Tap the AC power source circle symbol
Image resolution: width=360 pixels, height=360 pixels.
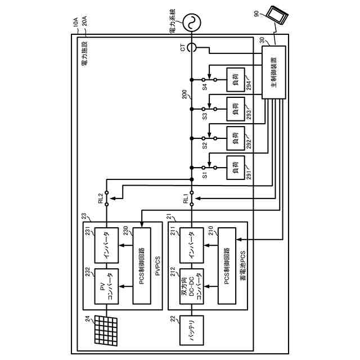click(x=191, y=22)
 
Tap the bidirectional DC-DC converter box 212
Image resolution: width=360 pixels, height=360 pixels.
click(x=191, y=292)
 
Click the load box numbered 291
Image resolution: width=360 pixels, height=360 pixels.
click(x=235, y=167)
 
